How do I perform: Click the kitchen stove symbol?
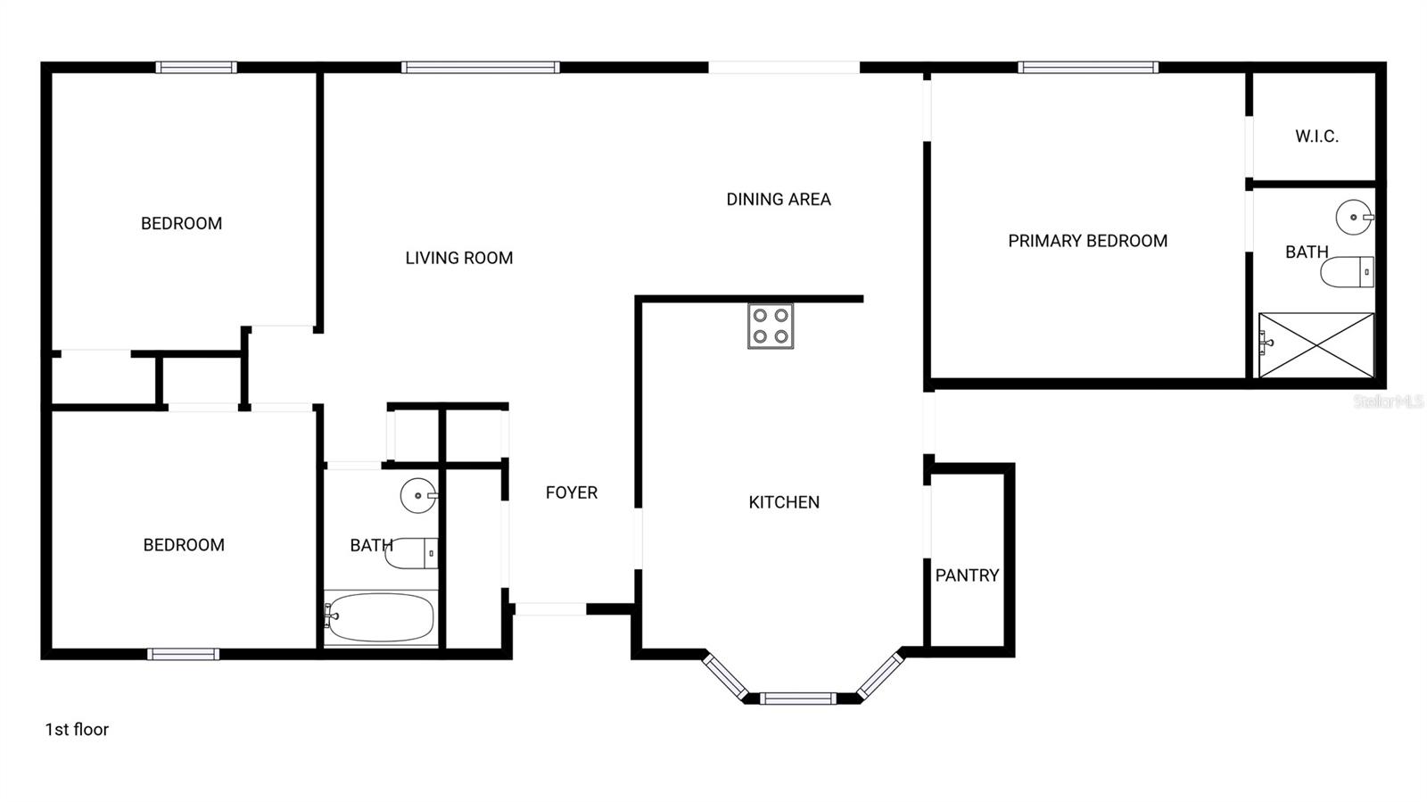pos(771,326)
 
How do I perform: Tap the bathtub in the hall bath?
pos(380,617)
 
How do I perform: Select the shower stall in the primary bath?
pos(1316,345)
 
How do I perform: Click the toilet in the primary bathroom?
pos(1347,272)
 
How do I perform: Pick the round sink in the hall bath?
pos(418,496)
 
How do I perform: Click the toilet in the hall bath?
pos(412,553)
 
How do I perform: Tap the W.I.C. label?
pos(1316,136)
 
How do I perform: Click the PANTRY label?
pos(967,575)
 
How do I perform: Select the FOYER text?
pos(572,492)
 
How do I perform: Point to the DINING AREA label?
pos(778,200)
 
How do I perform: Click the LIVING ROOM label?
pos(458,258)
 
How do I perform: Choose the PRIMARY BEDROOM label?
pos(1087,241)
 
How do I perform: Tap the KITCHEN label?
pos(784,502)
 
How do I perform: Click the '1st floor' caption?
pos(77,730)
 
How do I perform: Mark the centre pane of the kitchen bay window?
pos(798,699)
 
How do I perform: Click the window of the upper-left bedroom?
pos(196,67)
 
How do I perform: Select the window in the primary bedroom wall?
pos(1088,67)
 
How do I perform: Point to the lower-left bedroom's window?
pos(183,654)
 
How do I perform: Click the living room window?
pos(480,67)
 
